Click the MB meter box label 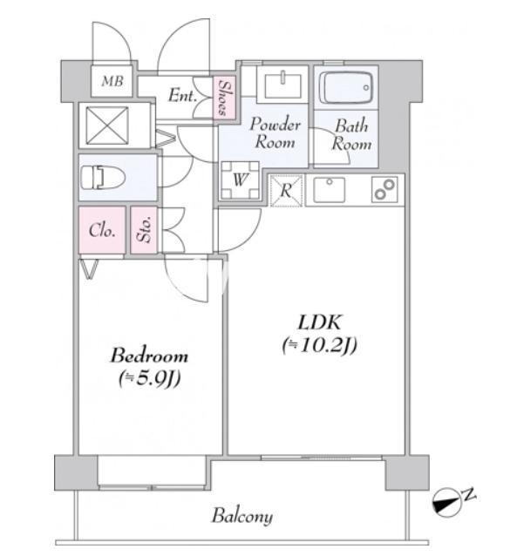pos(112,82)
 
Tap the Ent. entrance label pos(182,95)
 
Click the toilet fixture pos(103,177)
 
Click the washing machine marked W pos(240,180)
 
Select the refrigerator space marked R pos(286,190)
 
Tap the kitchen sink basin pos(329,190)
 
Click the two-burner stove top pos(384,190)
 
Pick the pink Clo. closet pos(102,230)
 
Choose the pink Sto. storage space pos(144,230)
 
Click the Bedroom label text pos(149,356)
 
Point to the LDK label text pos(320,322)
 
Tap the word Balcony pos(242,516)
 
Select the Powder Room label pos(275,133)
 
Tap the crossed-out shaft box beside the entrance pos(107,125)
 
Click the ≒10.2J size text pos(320,345)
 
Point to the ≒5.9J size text pos(149,379)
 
